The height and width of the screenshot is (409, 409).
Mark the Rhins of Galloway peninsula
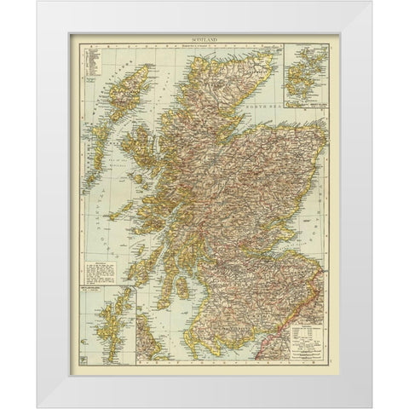click(175, 334)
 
